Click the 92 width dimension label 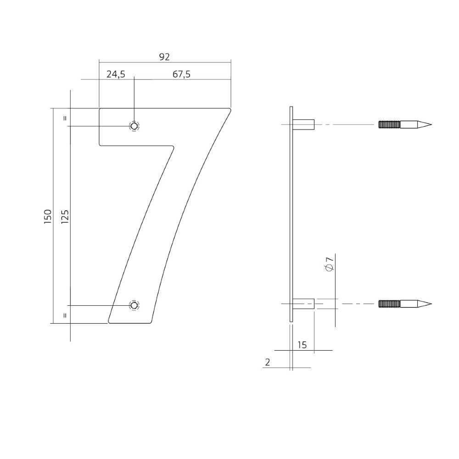click(164, 57)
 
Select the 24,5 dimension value click(116, 74)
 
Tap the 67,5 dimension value click(182, 74)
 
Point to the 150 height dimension click(48, 216)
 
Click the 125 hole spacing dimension click(65, 216)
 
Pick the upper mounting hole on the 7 click(134, 126)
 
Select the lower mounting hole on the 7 click(134, 305)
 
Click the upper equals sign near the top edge click(65, 118)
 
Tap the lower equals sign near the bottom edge click(65, 315)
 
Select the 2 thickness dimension click(268, 362)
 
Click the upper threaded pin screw click(404, 124)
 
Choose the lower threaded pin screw click(404, 303)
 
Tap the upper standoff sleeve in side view click(303, 124)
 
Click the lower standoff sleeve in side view click(303, 303)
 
